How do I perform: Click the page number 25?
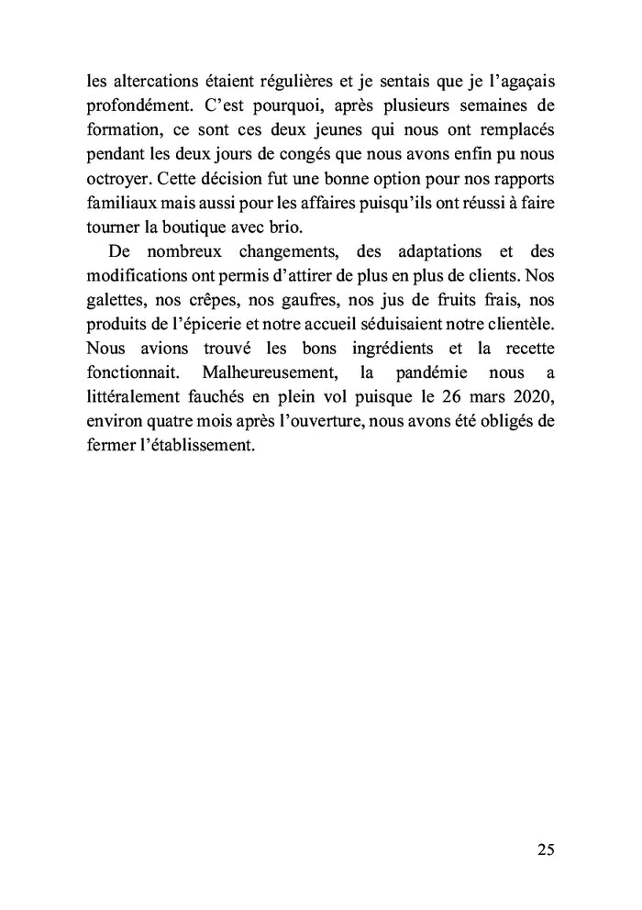point(545,849)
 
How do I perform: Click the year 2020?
point(529,395)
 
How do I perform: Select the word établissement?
point(194,443)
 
